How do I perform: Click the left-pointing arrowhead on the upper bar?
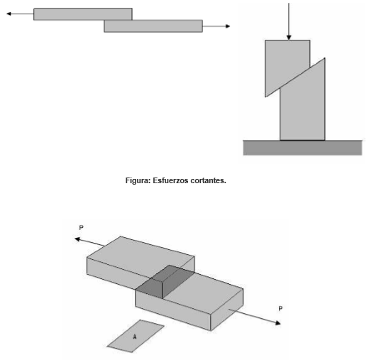pyautogui.click(x=9, y=14)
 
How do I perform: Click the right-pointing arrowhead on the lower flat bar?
pyautogui.click(x=228, y=26)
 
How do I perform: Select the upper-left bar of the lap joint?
pyautogui.click(x=83, y=14)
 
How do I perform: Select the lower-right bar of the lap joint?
pyautogui.click(x=153, y=26)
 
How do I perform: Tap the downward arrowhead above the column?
pyautogui.click(x=289, y=38)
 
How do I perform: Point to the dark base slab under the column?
pyautogui.click(x=302, y=148)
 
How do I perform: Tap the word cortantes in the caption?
pyautogui.click(x=208, y=181)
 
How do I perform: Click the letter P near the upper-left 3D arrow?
pyautogui.click(x=81, y=228)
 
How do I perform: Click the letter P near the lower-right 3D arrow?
pyautogui.click(x=280, y=309)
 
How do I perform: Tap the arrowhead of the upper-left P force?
pyautogui.click(x=77, y=239)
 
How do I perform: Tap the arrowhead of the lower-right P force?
pyautogui.click(x=278, y=323)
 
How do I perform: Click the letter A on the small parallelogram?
pyautogui.click(x=135, y=337)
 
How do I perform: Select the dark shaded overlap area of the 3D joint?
pyautogui.click(x=165, y=282)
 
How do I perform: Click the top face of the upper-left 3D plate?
pyautogui.click(x=141, y=253)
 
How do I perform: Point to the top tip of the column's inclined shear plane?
pyautogui.click(x=324, y=58)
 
